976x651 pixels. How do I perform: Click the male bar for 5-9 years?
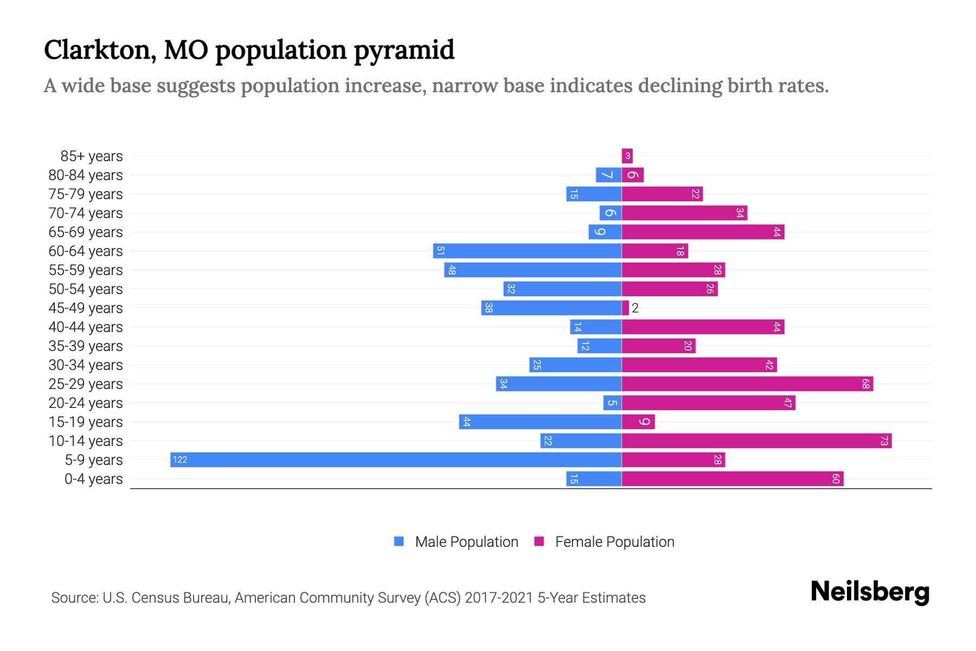tap(396, 460)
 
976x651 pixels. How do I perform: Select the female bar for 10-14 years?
tap(756, 441)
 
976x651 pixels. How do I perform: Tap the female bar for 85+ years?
tap(627, 156)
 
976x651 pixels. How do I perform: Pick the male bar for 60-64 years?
tap(527, 251)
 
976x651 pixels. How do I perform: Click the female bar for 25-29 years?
tap(747, 384)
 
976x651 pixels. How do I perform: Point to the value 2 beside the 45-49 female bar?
tap(635, 308)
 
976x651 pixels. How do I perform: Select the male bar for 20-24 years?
tap(612, 403)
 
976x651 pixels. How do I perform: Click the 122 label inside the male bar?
tap(179, 460)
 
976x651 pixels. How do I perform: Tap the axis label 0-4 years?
tap(93, 479)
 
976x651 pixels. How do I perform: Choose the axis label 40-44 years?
tap(86, 327)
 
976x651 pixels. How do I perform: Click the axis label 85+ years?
tap(92, 156)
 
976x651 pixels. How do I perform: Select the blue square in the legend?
tap(399, 541)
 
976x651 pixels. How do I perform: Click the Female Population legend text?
tap(614, 541)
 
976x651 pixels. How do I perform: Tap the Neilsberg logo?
tap(870, 591)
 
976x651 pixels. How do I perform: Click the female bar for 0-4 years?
tap(733, 479)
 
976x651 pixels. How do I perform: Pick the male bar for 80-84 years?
tap(608, 175)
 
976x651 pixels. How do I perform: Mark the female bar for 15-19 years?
tap(638, 422)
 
